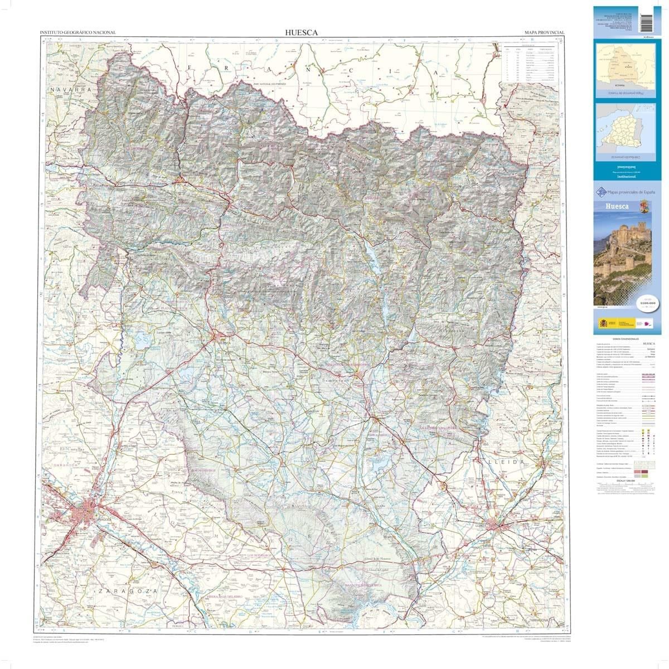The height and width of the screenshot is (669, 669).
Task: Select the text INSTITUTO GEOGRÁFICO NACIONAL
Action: coord(79,33)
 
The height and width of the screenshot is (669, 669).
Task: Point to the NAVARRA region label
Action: coord(69,89)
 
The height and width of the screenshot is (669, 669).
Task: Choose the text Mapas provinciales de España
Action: coord(629,192)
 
